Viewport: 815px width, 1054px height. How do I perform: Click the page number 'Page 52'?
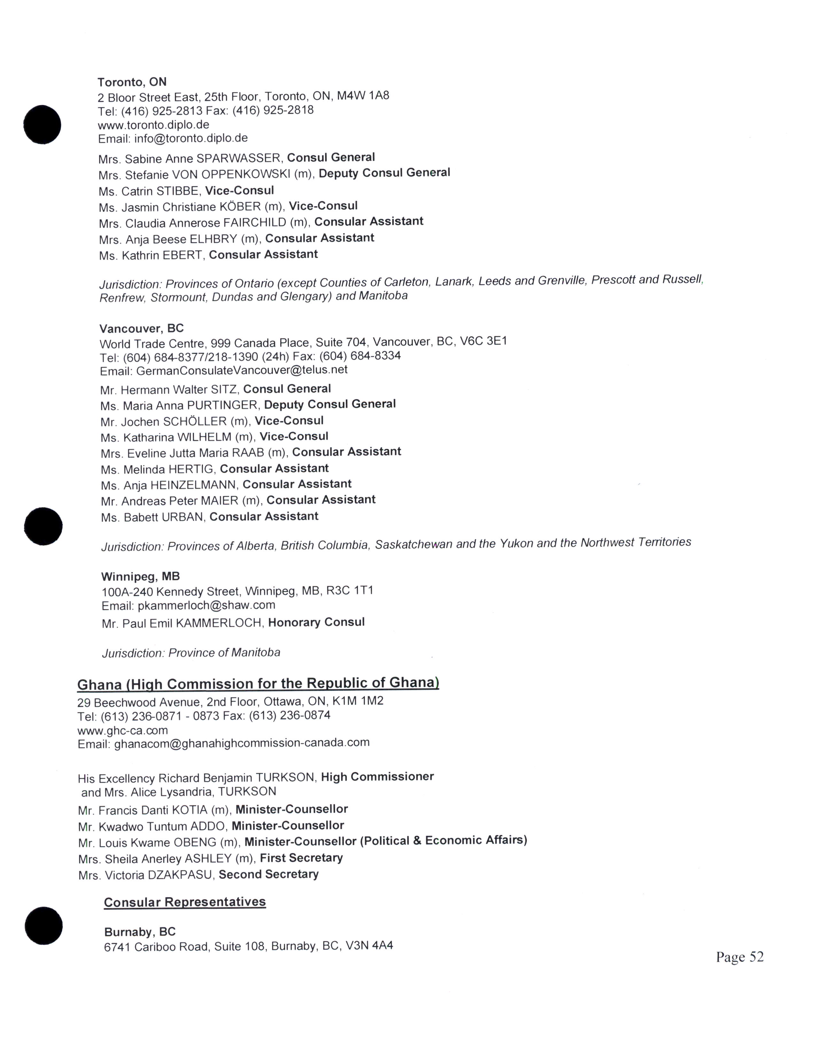[739, 957]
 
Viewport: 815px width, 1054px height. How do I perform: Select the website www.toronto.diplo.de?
[153, 125]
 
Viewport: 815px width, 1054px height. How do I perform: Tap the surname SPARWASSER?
[238, 158]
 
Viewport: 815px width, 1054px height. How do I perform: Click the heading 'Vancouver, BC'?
[142, 329]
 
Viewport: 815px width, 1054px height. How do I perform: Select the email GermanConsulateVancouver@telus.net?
[241, 370]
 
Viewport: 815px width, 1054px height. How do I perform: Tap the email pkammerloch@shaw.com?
[206, 605]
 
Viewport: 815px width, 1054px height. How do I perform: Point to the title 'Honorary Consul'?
[316, 622]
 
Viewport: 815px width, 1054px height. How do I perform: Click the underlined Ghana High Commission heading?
[258, 684]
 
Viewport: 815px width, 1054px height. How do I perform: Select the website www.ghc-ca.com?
[123, 730]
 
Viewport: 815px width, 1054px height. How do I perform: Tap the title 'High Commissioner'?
[377, 776]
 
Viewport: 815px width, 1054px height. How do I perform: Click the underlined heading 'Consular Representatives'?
[185, 902]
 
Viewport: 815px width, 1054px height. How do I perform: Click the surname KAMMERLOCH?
[218, 623]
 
